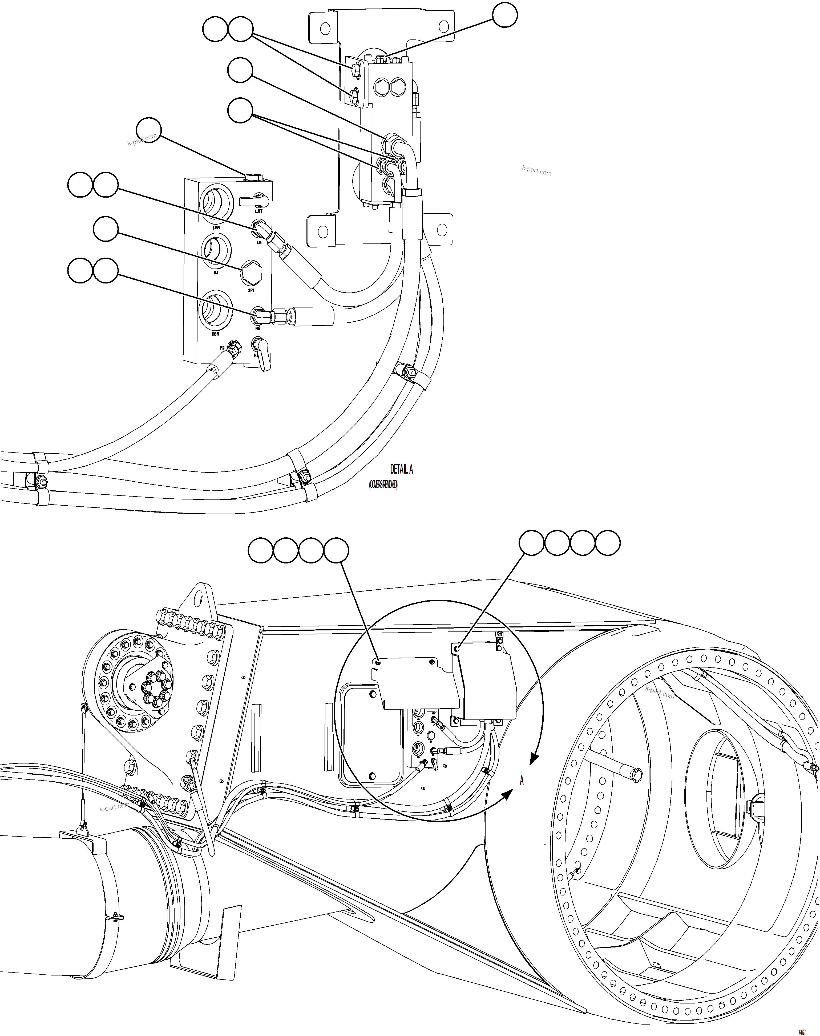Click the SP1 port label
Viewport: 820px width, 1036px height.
251,290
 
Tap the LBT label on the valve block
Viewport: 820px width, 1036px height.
258,211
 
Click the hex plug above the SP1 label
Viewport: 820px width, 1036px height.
251,272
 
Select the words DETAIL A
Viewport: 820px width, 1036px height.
401,469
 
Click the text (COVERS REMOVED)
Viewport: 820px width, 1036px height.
383,486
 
